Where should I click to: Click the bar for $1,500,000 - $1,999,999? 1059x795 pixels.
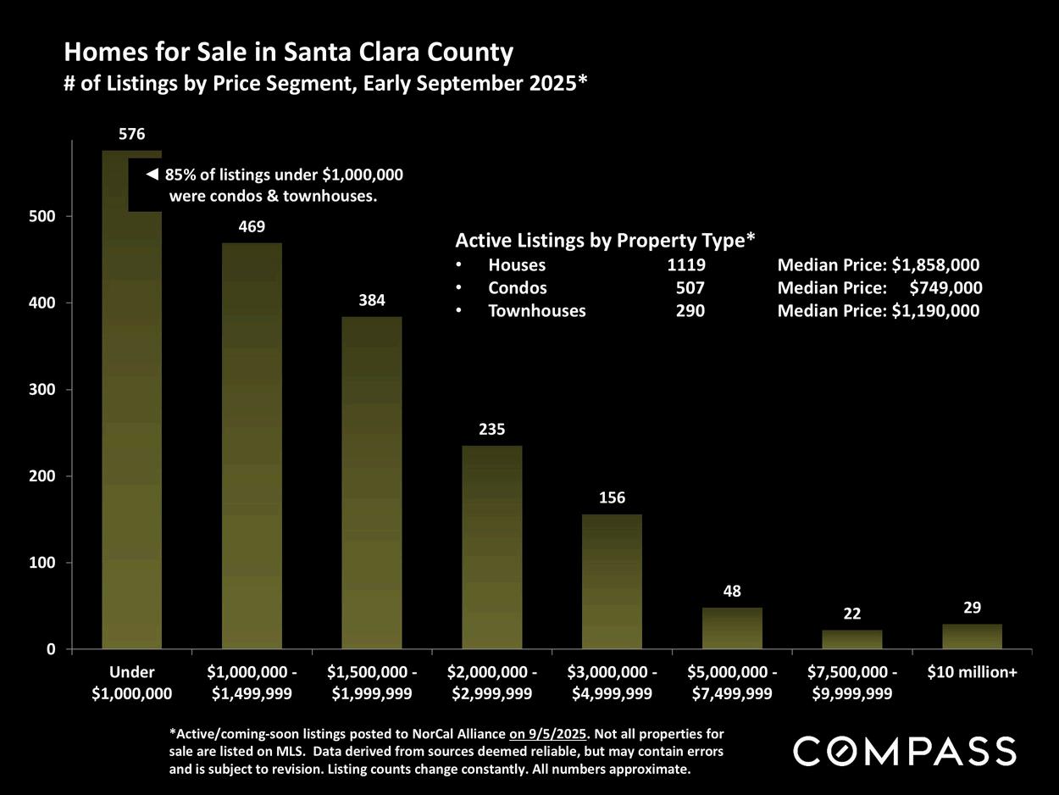pyautogui.click(x=371, y=483)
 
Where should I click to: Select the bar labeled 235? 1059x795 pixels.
pyautogui.click(x=491, y=547)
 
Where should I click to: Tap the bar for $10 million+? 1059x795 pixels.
pyautogui.click(x=972, y=637)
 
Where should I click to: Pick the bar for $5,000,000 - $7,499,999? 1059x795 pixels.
pyautogui.click(x=732, y=628)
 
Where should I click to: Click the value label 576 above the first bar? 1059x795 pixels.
pyautogui.click(x=131, y=134)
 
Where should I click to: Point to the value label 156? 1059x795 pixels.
pyautogui.click(x=612, y=498)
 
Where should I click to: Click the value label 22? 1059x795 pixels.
pyautogui.click(x=852, y=614)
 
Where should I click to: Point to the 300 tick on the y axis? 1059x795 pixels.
pyautogui.click(x=42, y=390)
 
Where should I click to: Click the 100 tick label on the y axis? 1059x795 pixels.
pyautogui.click(x=42, y=563)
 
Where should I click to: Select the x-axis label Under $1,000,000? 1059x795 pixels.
pyautogui.click(x=131, y=683)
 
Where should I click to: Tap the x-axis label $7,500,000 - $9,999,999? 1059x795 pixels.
pyautogui.click(x=852, y=683)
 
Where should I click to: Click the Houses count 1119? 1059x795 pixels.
pyautogui.click(x=686, y=265)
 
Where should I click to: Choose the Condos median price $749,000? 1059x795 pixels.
pyautogui.click(x=945, y=287)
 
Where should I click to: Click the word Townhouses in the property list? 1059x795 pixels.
pyautogui.click(x=537, y=311)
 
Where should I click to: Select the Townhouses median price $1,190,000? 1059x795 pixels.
pyautogui.click(x=935, y=311)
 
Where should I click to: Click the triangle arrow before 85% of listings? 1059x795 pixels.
pyautogui.click(x=152, y=175)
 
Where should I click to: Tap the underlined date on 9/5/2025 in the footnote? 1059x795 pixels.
pyautogui.click(x=547, y=734)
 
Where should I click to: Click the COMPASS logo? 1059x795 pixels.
pyautogui.click(x=905, y=752)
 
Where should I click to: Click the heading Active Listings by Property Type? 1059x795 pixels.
pyautogui.click(x=605, y=241)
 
